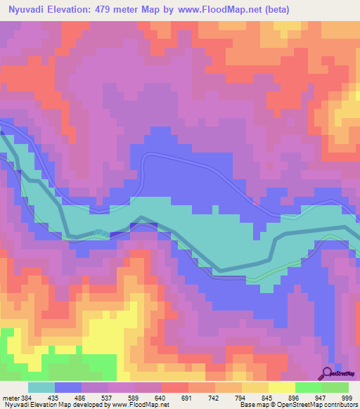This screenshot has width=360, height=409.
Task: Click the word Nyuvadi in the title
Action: point(26,9)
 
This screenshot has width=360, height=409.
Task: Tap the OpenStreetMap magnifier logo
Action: point(328,373)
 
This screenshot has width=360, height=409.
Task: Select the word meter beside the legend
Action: point(11,397)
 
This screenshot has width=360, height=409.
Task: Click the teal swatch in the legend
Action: point(41,387)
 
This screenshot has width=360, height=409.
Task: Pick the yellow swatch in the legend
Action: point(281,387)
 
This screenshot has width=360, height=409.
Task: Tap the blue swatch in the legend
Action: point(68,387)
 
